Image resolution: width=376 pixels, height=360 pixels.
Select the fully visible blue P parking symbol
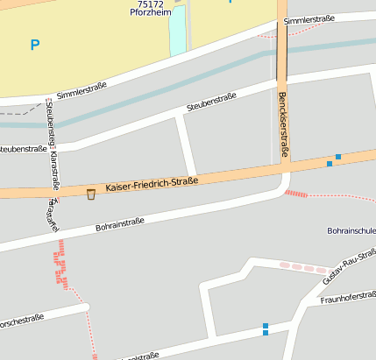pyautogui.click(x=35, y=45)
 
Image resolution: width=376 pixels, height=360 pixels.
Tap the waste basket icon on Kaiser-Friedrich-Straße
pyautogui.click(x=90, y=194)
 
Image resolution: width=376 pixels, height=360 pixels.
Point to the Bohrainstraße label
pyautogui.click(x=119, y=225)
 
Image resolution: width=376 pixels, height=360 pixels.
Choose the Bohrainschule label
pyautogui.click(x=351, y=231)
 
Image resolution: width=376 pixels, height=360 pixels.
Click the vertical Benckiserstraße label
pyautogui.click(x=282, y=127)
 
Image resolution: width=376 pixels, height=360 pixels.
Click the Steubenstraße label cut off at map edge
pyautogui.click(x=25, y=149)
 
